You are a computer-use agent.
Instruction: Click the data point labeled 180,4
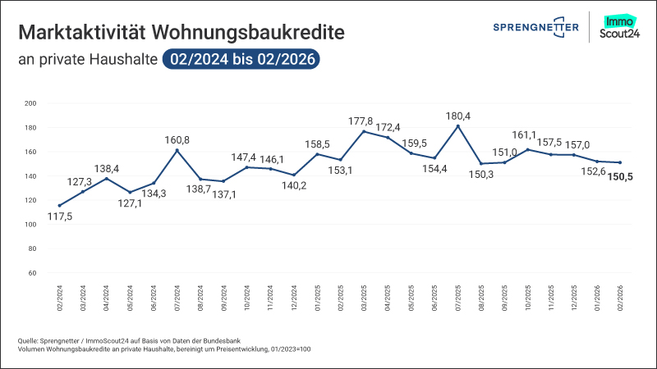tap(457, 126)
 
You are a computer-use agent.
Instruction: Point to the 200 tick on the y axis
tap(31, 103)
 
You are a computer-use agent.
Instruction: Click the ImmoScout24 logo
tap(620, 28)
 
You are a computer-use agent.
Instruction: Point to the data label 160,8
tap(177, 140)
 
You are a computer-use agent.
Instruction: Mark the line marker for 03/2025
tap(364, 131)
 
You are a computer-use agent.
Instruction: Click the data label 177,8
tap(364, 121)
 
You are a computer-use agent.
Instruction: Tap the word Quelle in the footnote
tap(27, 340)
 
